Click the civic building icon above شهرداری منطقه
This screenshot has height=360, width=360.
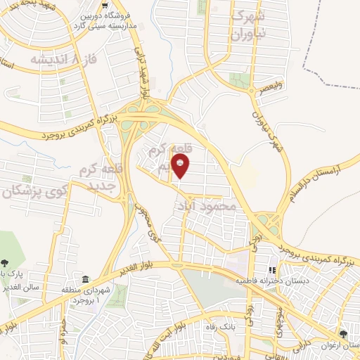pyautogui.click(x=86, y=279)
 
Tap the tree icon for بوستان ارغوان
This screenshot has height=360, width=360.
pyautogui.click(x=343, y=333)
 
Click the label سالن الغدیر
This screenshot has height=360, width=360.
pyautogui.click(x=23, y=287)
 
